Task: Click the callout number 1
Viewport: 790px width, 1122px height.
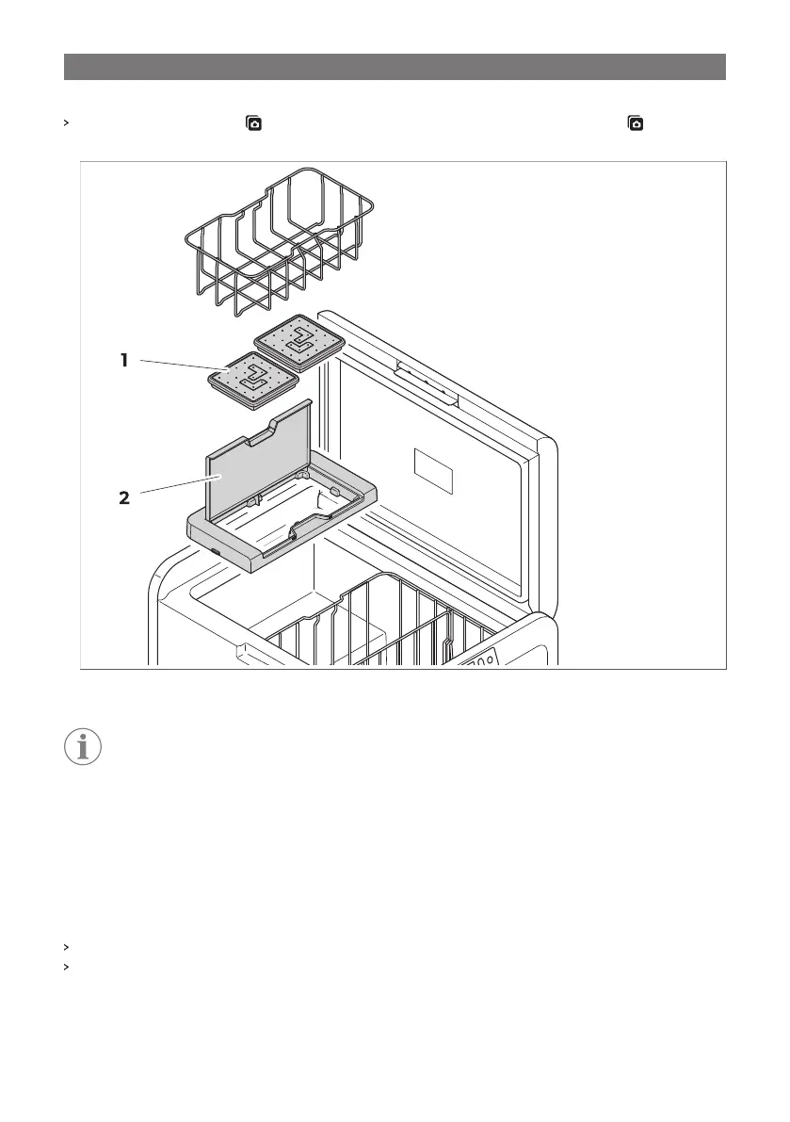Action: coord(123,360)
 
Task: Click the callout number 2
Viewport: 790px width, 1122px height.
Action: coord(123,497)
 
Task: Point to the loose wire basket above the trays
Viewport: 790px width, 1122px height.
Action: coord(278,241)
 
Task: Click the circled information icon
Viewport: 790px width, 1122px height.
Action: coord(83,746)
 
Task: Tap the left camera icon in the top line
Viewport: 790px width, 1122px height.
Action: coord(254,123)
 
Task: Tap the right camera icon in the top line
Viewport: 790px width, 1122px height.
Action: coord(637,123)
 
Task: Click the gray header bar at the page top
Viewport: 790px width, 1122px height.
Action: coord(395,67)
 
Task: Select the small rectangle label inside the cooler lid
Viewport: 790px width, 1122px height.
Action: coord(434,469)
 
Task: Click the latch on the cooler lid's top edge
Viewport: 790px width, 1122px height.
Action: coord(427,382)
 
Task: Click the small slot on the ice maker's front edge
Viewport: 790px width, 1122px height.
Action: coord(215,552)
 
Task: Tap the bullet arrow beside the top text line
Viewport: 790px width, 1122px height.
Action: coord(66,123)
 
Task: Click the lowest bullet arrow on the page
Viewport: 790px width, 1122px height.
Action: coord(66,967)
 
